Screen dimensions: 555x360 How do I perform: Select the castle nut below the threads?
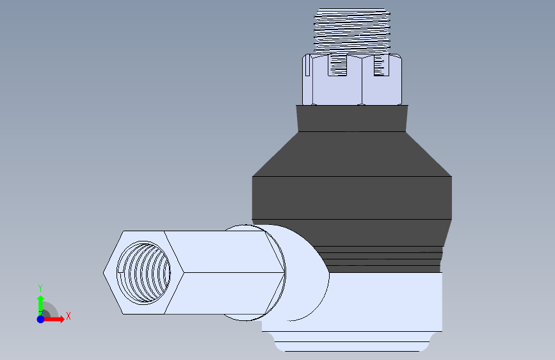(x=352, y=79)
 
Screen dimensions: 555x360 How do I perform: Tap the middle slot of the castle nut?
(x=337, y=65)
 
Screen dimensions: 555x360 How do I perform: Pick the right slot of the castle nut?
(x=382, y=65)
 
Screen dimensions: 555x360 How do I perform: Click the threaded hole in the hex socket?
(x=143, y=273)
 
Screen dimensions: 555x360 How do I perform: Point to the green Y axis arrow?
(x=40, y=306)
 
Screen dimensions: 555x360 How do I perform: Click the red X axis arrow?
(x=54, y=319)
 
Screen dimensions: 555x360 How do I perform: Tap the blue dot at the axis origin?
(x=41, y=319)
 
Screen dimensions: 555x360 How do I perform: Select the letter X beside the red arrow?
(x=68, y=316)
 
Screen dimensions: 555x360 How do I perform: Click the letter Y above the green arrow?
(x=40, y=288)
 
